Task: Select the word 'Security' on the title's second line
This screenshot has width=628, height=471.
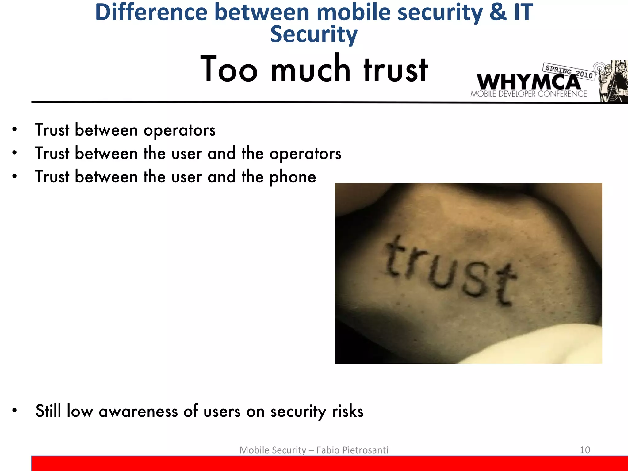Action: coord(314,34)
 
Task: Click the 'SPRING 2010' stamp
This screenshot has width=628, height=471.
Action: coord(569,71)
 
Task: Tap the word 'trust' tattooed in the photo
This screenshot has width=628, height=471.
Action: coord(451,271)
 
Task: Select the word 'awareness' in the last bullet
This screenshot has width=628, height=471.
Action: coord(138,411)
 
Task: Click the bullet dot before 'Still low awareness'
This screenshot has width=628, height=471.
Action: coord(14,411)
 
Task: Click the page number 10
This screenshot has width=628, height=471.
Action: coord(585,450)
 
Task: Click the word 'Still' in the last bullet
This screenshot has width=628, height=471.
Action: coord(48,411)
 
